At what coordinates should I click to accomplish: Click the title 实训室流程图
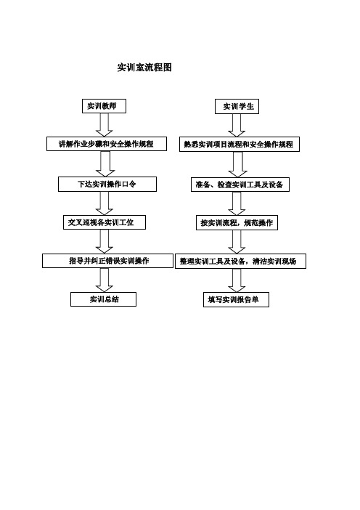click(x=144, y=68)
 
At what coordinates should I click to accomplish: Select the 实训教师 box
click(x=104, y=106)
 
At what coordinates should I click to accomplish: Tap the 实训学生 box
click(x=237, y=106)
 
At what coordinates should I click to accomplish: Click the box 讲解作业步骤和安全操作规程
click(x=107, y=144)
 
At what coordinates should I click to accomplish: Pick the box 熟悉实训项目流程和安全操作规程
click(x=240, y=144)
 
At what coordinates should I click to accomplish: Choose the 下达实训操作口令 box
click(x=107, y=184)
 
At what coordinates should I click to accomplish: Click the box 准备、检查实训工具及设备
click(x=240, y=185)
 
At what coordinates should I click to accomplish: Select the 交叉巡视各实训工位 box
click(x=105, y=222)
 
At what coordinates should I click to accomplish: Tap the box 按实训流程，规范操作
click(x=237, y=222)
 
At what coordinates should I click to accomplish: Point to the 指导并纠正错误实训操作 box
click(x=108, y=261)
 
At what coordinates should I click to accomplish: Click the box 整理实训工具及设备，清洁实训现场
click(x=240, y=261)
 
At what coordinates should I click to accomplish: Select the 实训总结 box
click(x=103, y=299)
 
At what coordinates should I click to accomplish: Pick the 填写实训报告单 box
click(x=236, y=299)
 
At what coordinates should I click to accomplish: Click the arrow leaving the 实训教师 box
click(x=105, y=125)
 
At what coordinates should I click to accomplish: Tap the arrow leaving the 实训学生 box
click(x=237, y=125)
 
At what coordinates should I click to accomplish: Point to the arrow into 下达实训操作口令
click(x=105, y=164)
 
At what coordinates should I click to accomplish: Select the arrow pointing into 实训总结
click(x=105, y=280)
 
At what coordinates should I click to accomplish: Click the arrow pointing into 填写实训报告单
click(x=237, y=280)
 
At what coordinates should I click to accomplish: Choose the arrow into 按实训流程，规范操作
click(x=237, y=203)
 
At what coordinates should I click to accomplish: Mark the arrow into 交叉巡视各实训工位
click(x=105, y=203)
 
